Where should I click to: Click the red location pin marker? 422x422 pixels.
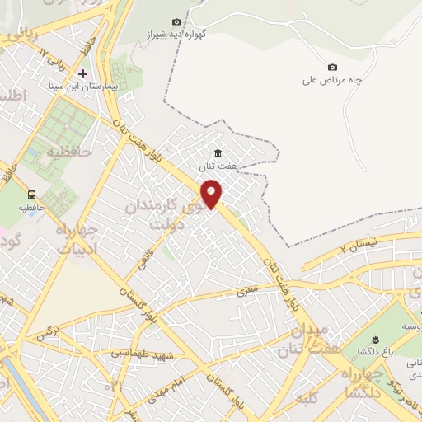pos(212,193)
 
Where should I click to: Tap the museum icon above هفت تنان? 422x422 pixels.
pos(218,153)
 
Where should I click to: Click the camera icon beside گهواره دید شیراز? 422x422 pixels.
pos(176,21)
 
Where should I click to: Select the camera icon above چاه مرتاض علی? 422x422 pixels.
pos(332,67)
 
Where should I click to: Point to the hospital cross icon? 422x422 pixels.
pos(82,73)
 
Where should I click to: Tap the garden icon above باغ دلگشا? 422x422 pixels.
pos(374,340)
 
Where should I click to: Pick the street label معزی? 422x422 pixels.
pos(247,291)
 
